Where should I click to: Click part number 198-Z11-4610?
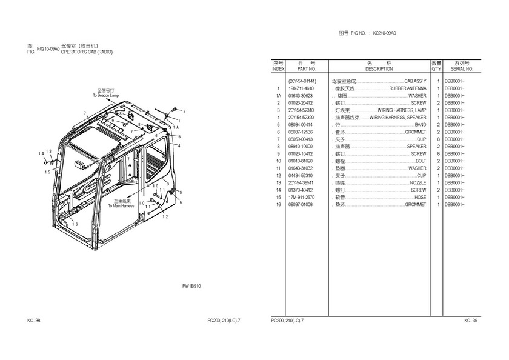coord(301,88)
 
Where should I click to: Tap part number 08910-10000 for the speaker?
coord(301,147)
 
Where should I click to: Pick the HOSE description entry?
coord(420,198)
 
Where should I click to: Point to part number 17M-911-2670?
coord(301,198)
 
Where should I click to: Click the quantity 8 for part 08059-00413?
coord(437,139)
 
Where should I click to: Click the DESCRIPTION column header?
coord(379,69)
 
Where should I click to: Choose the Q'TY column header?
coord(436,69)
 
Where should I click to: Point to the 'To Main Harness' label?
coord(121,205)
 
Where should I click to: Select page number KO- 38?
coord(34,321)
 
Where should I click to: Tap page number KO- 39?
coord(471,321)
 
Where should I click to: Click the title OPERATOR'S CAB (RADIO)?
coord(87,52)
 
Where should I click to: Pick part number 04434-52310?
coord(301,176)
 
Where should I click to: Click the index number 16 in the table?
coord(278,205)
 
